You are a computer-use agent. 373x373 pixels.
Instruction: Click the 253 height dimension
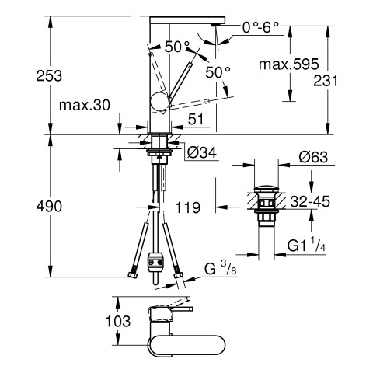49,76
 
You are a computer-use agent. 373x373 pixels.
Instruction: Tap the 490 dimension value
49,207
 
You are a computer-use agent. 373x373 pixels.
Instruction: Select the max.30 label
85,105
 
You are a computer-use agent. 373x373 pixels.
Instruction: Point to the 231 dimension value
326,81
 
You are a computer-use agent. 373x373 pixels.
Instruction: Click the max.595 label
288,64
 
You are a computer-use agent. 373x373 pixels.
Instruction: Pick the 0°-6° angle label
260,27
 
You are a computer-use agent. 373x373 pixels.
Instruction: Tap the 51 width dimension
196,120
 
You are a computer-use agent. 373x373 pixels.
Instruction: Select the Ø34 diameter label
201,152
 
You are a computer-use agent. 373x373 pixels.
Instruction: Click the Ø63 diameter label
313,157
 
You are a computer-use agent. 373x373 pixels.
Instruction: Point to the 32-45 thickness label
310,201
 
